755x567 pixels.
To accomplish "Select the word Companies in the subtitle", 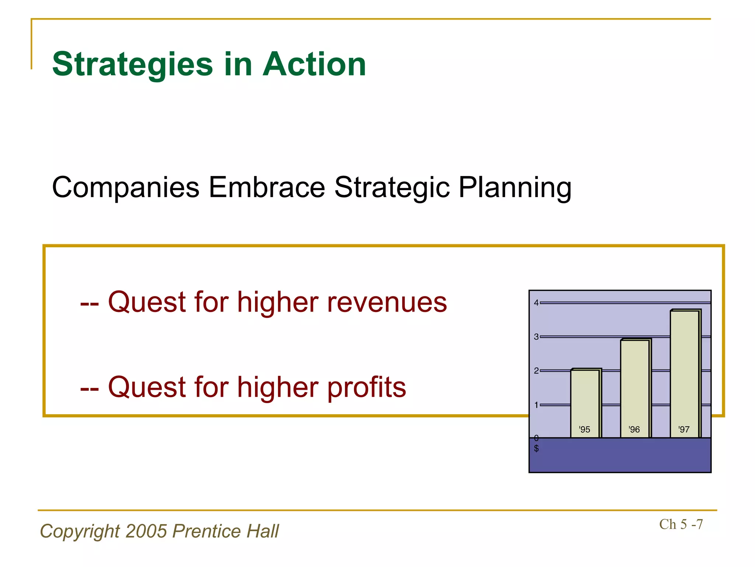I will coord(126,188).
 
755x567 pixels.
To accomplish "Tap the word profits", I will coord(366,387).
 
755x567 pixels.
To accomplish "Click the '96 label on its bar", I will coord(634,429).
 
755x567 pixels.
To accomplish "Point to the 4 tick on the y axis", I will coord(536,303).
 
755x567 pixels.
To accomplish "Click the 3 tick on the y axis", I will coord(536,337).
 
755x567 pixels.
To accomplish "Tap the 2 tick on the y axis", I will coord(536,371).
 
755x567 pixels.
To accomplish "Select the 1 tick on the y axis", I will coord(536,405).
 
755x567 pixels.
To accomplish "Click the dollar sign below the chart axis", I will coord(536,449).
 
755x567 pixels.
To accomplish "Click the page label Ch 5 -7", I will coord(681,525).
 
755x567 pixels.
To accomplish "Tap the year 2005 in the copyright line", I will coord(146,531).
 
